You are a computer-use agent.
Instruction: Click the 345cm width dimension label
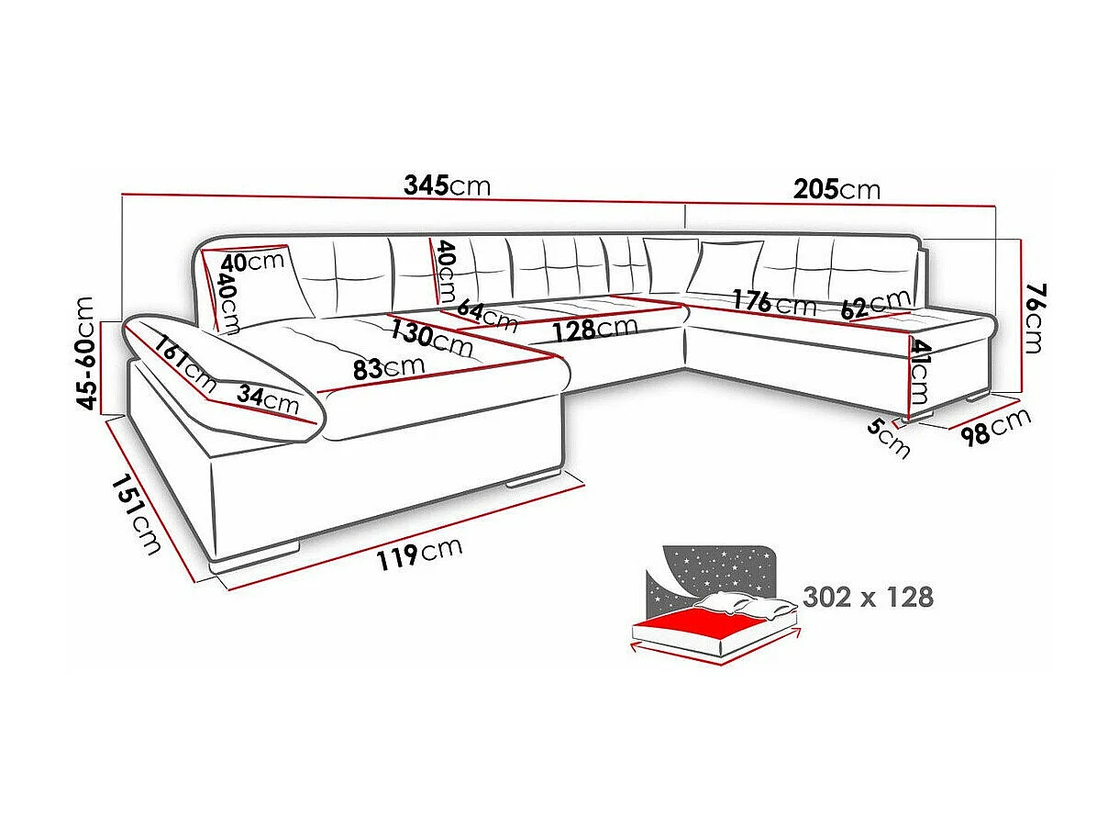point(447,185)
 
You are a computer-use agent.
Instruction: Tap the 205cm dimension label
point(836,189)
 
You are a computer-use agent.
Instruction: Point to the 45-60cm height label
point(87,353)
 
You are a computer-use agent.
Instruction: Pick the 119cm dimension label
point(418,554)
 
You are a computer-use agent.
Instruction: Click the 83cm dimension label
point(388,366)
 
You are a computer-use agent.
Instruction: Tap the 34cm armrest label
point(267,398)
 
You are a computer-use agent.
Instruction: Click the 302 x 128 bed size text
point(868,597)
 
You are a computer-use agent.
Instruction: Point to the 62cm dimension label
point(875,304)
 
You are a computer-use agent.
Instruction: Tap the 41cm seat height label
point(920,373)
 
